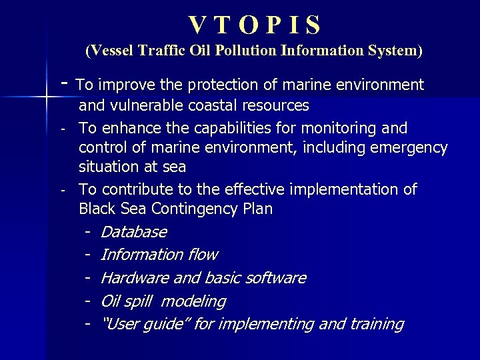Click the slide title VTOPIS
[255, 25]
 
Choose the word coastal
[231, 105]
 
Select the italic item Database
[133, 232]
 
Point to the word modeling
[193, 301]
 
